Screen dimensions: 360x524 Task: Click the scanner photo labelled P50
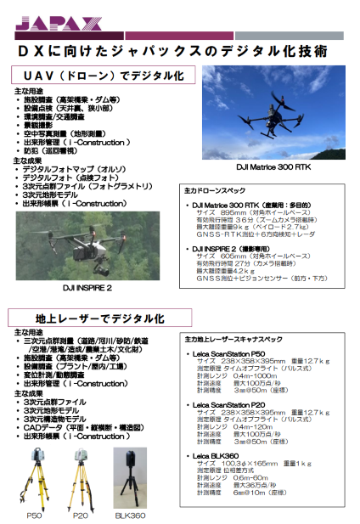(34, 476)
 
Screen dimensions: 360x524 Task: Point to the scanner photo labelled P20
(79, 476)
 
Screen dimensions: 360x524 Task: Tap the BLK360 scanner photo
(130, 476)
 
